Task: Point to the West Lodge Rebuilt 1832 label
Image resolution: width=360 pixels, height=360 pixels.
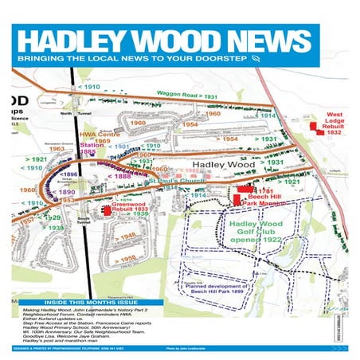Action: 335,124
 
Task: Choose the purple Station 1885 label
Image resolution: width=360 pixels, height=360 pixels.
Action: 92,149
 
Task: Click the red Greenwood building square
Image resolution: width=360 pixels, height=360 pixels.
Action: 107,210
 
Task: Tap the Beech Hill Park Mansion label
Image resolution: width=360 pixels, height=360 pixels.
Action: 268,198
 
